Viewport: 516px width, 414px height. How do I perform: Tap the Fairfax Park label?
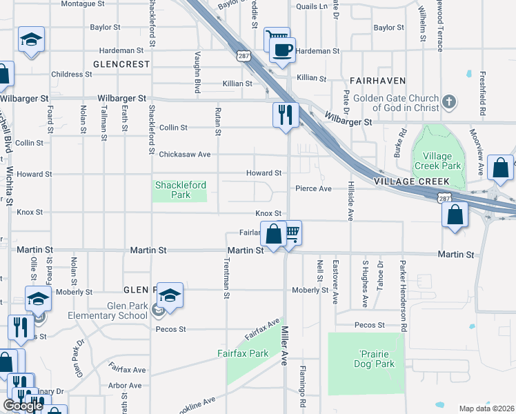(242, 353)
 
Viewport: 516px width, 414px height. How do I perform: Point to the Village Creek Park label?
(437, 161)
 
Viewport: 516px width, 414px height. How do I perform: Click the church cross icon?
(449, 103)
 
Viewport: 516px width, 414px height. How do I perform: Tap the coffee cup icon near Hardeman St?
(281, 50)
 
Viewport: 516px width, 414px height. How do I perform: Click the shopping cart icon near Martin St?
(293, 233)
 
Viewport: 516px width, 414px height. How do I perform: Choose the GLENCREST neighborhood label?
(121, 64)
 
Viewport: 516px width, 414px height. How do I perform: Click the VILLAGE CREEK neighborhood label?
(413, 181)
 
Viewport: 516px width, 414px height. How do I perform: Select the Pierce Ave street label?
(314, 188)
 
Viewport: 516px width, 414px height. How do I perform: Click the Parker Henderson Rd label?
(401, 284)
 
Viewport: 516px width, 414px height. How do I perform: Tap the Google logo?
(23, 406)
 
